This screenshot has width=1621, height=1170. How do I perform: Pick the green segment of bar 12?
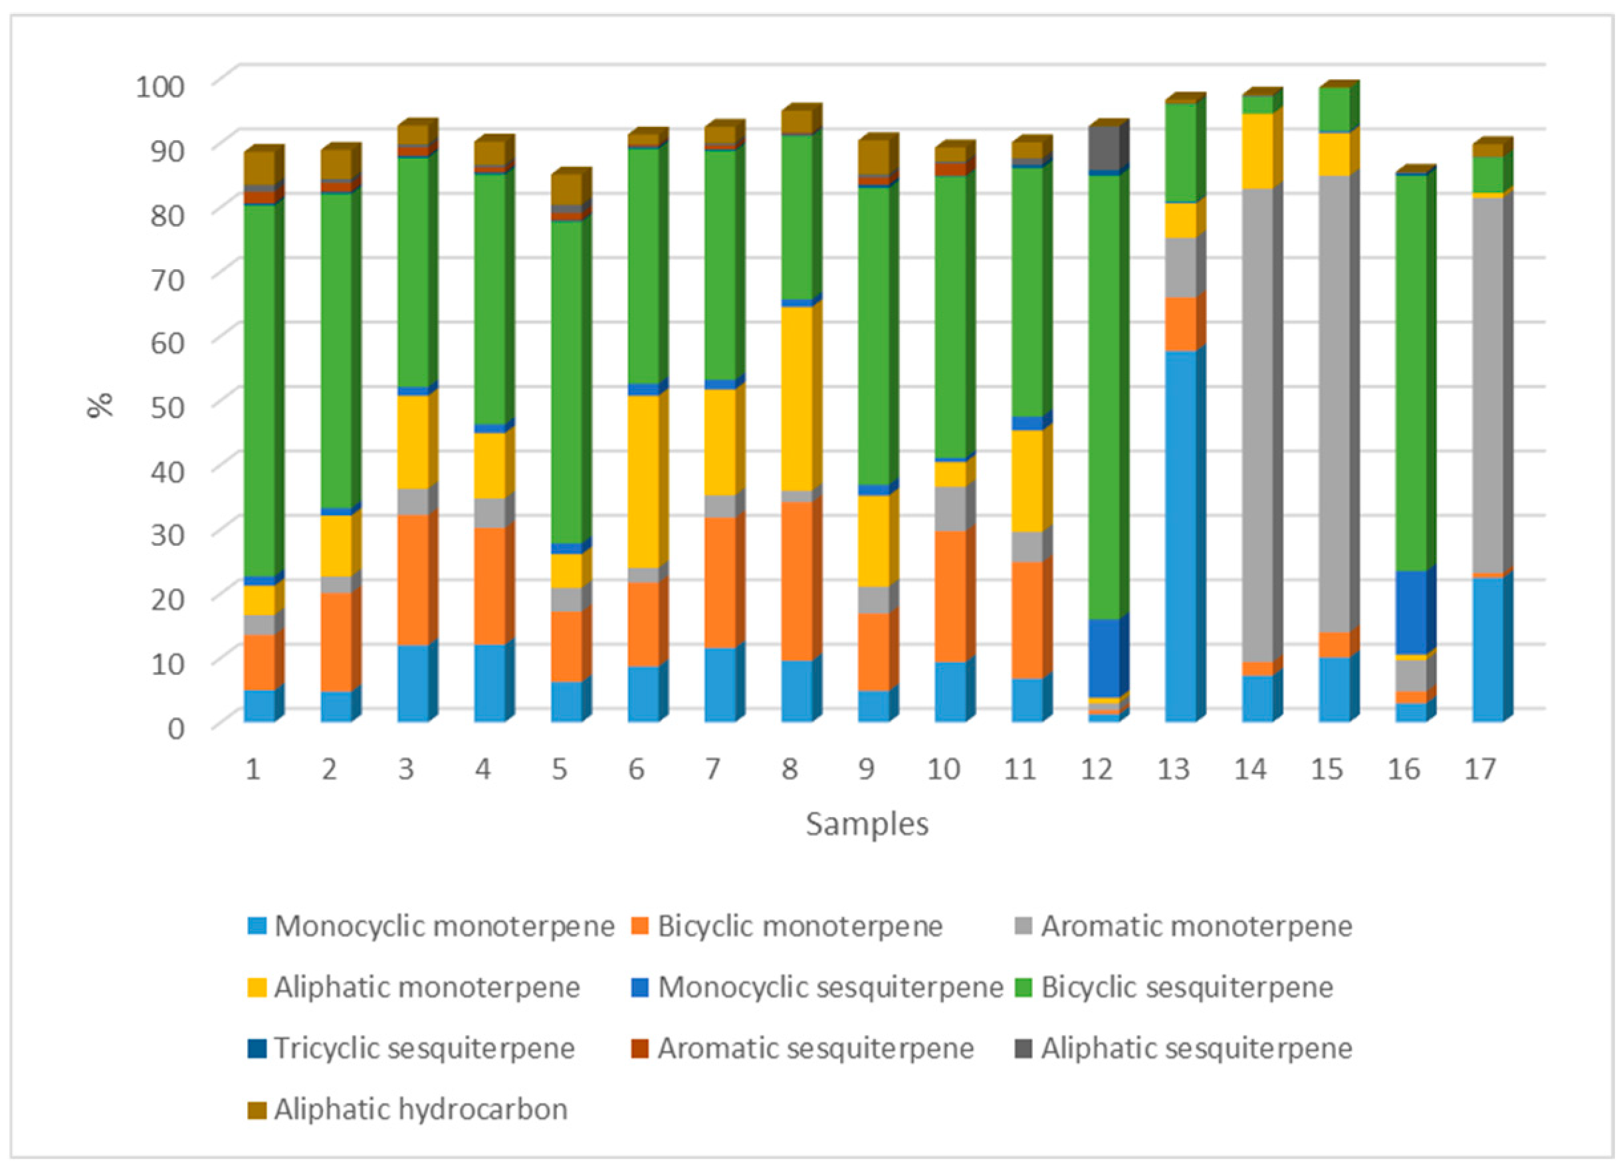click(1103, 398)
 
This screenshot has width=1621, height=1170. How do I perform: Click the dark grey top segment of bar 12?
click(1103, 150)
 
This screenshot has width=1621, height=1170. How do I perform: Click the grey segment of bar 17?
click(1487, 386)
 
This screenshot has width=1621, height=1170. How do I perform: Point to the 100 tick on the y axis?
click(160, 86)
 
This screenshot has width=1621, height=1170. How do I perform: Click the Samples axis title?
click(867, 824)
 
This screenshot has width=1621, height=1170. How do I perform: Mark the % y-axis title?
click(100, 405)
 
